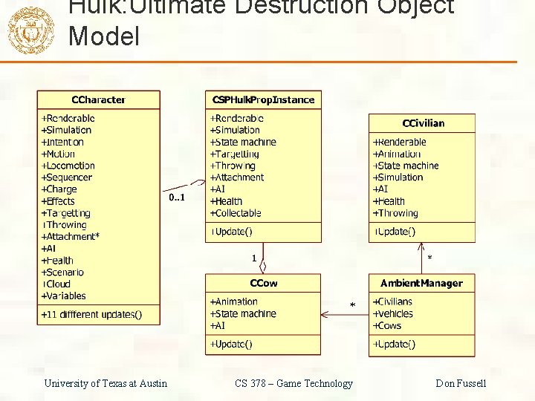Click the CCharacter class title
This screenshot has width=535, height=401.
(x=98, y=100)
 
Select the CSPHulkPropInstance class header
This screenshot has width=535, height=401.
(x=263, y=100)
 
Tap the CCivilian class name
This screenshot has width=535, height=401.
(x=423, y=123)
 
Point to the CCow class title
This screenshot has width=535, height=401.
(x=263, y=283)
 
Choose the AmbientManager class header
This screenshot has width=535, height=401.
(x=421, y=283)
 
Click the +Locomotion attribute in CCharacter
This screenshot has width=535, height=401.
(x=68, y=166)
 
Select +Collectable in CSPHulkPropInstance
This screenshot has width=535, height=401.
(x=236, y=213)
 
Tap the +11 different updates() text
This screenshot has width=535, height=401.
(x=91, y=315)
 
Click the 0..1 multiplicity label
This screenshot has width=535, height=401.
(x=177, y=198)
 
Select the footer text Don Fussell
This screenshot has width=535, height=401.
(x=461, y=383)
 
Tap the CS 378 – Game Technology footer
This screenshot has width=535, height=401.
(x=294, y=383)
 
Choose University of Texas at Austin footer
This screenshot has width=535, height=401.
(x=106, y=383)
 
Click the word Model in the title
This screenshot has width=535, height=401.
(x=103, y=36)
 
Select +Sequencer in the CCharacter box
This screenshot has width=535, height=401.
(x=67, y=177)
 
